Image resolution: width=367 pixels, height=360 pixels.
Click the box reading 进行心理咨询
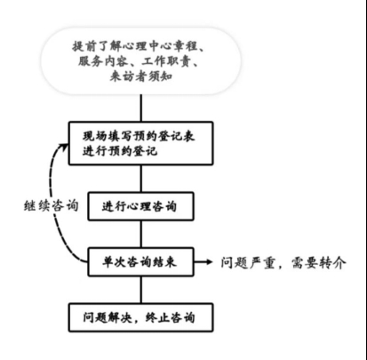(141, 206)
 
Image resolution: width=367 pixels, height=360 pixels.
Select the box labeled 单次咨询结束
(141, 262)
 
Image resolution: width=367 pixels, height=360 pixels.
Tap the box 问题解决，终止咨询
(141, 317)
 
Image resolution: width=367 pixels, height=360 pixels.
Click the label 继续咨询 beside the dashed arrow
(51, 205)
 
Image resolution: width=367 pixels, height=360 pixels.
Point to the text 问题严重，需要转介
(283, 262)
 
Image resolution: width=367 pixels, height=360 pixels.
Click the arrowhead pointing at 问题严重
(210, 262)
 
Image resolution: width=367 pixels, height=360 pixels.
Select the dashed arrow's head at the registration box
(65, 145)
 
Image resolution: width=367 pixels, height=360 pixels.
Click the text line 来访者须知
(141, 76)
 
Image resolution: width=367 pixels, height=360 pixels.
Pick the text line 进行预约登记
(120, 151)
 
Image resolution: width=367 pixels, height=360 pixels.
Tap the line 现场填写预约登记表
(139, 136)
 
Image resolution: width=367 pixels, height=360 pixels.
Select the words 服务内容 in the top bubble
(103, 61)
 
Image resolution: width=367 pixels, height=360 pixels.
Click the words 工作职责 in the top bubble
(166, 61)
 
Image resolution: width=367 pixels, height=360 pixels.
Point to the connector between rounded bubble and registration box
(141, 108)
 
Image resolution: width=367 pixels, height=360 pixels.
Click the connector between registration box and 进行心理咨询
(141, 179)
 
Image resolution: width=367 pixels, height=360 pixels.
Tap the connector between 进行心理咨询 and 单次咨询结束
(141, 234)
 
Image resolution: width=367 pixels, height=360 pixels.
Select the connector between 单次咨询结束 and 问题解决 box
(141, 290)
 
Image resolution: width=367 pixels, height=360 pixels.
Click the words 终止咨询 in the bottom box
(171, 317)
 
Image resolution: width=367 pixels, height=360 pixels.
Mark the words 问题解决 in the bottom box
(108, 317)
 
